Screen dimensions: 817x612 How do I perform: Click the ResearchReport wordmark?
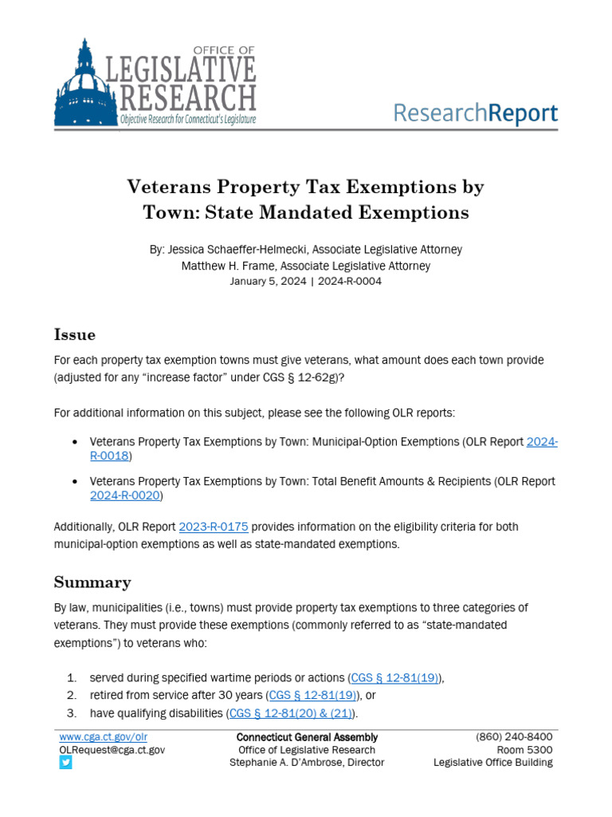click(476, 112)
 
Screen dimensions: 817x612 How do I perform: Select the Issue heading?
click(74, 334)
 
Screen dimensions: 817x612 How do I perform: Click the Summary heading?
click(92, 582)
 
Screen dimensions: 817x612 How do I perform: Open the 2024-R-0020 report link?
click(126, 495)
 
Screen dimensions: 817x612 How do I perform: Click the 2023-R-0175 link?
click(214, 527)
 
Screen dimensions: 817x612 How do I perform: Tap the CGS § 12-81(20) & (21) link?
click(292, 712)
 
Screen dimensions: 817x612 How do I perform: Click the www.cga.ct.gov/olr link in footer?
click(104, 737)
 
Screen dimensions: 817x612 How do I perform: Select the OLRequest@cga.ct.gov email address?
click(112, 750)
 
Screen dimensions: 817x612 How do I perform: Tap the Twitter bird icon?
click(65, 763)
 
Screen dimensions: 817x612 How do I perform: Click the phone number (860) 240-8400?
click(514, 737)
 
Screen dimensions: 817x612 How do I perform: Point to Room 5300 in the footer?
click(525, 750)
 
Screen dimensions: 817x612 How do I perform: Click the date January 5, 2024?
click(268, 281)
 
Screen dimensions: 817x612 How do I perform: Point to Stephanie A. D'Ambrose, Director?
click(307, 763)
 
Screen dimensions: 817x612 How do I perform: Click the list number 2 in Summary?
click(71, 695)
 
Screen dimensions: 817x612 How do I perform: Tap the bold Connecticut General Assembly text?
click(307, 737)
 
